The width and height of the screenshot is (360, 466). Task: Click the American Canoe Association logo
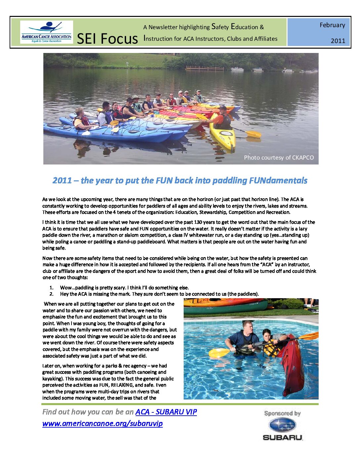[x=46, y=32]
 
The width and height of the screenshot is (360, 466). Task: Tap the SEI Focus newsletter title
[x=107, y=39]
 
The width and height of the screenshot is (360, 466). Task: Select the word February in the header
[x=332, y=25]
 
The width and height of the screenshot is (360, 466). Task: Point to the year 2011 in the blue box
[x=337, y=41]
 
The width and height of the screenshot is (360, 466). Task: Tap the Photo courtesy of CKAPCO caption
[x=279, y=158]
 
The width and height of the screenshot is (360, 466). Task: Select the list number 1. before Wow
[x=51, y=288]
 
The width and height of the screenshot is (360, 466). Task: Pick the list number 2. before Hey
[x=51, y=294]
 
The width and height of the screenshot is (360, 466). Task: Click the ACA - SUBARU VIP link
[x=166, y=412]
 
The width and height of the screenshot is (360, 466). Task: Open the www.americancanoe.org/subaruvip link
[x=103, y=423]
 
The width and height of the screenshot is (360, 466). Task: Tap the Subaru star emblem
[x=282, y=425]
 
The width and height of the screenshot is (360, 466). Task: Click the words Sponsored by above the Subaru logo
[x=282, y=413]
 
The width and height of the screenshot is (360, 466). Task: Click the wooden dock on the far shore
[x=205, y=69]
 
